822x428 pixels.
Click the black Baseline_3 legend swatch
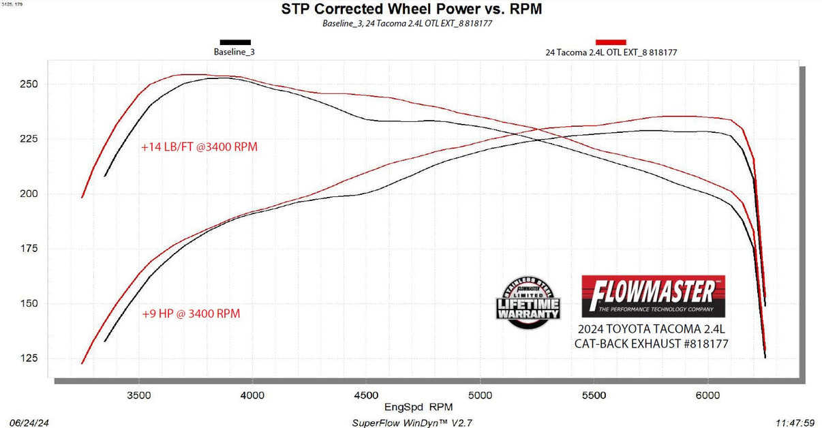coord(234,42)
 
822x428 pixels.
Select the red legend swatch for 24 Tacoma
coord(611,42)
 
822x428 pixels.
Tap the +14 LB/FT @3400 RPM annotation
coord(199,147)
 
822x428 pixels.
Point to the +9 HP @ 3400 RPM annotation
coord(191,314)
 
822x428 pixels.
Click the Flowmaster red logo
coord(653,294)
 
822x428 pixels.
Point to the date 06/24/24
coord(27,423)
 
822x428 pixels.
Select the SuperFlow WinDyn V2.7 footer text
coord(412,423)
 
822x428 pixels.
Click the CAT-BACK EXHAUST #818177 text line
coord(652,344)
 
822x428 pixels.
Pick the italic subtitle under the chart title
coord(408,23)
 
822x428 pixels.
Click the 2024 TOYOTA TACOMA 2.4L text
coord(652,329)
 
